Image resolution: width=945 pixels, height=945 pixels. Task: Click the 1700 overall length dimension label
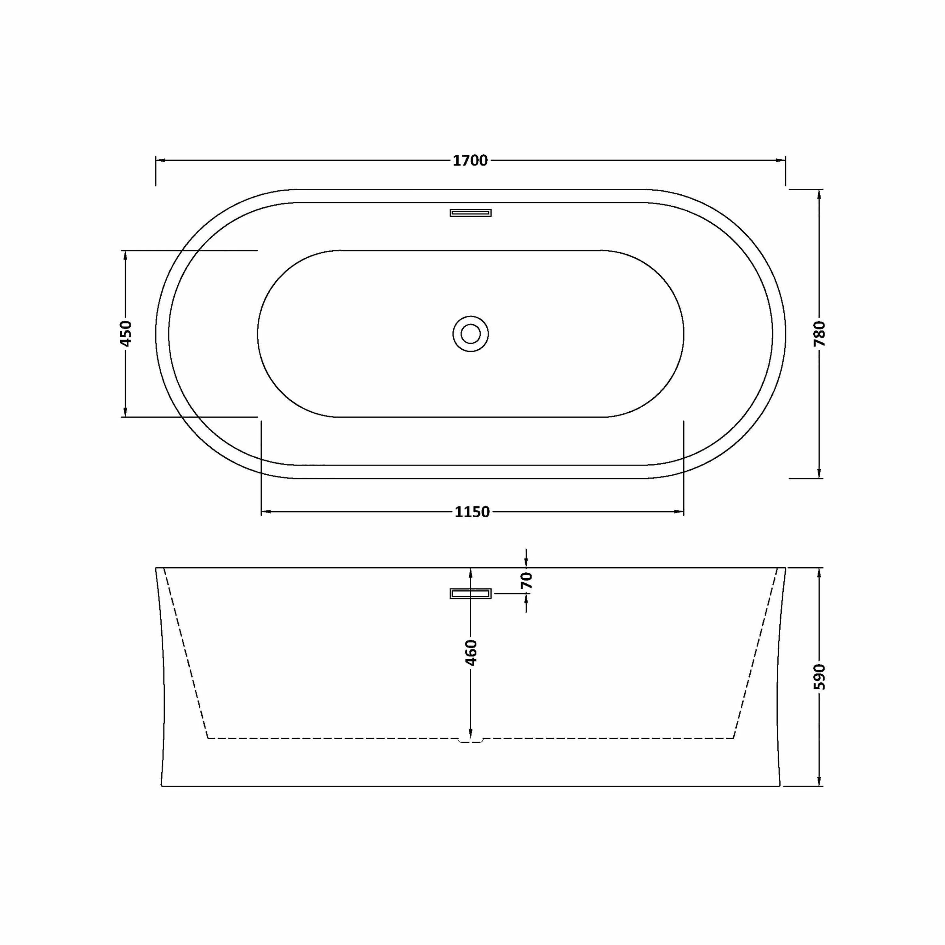coord(470,160)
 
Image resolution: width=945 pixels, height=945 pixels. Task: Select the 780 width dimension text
coord(819,334)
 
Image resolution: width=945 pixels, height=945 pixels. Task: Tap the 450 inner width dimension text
coord(126,334)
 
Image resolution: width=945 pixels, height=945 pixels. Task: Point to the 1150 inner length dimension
coord(472,512)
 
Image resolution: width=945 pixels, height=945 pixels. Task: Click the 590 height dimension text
coord(819,677)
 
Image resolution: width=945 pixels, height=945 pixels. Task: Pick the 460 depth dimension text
coord(471,652)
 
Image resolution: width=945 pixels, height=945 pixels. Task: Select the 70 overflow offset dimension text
coord(526,581)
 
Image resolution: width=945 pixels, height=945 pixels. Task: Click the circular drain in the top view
coord(471,334)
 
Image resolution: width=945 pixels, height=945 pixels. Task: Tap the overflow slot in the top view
coord(471,212)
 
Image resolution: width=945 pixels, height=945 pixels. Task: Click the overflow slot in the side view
coord(471,593)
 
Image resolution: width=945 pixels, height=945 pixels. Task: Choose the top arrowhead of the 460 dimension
coord(471,573)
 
